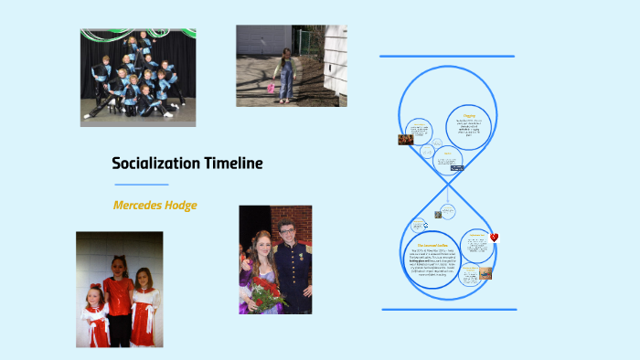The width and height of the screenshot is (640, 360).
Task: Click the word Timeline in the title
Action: tap(233, 164)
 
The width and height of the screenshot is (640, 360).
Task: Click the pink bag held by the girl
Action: tap(271, 90)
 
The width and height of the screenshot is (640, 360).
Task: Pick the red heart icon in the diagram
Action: tap(495, 238)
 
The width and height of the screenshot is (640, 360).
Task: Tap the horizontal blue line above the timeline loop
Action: tap(447, 56)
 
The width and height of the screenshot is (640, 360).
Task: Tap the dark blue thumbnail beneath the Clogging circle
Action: tap(457, 168)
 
